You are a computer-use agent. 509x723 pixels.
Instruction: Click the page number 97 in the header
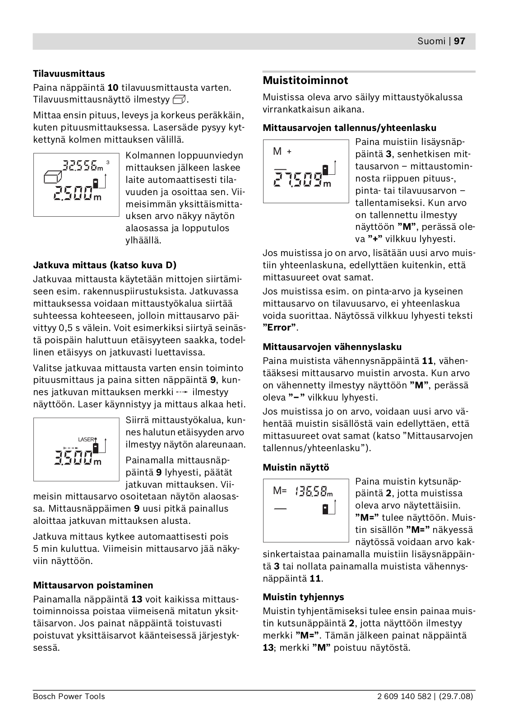coord(459,41)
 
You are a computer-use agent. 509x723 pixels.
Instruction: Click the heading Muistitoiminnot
coord(305,80)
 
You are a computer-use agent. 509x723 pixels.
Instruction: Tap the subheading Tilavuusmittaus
coord(69,74)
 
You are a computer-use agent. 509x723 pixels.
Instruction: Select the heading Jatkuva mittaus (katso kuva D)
coord(105,265)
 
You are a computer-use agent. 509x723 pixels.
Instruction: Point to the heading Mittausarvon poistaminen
coord(93,585)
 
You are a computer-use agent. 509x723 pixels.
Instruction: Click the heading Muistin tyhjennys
coord(303,597)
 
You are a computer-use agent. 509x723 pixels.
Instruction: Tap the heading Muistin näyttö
coord(296,467)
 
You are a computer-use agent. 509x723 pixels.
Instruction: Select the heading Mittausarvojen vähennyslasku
coord(332,347)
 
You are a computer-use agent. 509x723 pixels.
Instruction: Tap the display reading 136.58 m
coord(313,491)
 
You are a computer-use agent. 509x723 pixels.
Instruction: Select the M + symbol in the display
coord(282,152)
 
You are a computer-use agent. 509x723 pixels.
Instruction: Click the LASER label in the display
coord(87,439)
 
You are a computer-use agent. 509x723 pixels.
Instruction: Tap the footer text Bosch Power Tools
coord(69,696)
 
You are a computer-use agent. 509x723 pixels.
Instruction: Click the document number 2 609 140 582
coord(404,696)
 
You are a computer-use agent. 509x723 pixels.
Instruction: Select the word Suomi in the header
coord(431,41)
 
